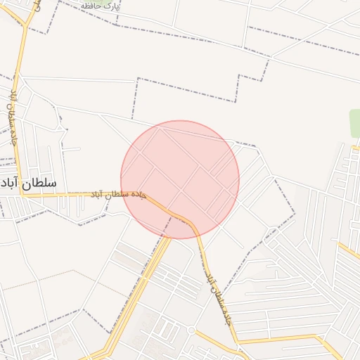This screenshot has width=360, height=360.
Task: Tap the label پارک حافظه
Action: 100,6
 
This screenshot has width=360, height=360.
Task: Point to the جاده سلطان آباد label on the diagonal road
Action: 218,299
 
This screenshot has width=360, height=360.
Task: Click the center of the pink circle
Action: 180,180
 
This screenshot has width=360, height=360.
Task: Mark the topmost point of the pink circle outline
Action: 180,121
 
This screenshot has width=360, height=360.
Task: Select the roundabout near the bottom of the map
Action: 191,329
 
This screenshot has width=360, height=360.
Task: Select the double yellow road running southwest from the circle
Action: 141,295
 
